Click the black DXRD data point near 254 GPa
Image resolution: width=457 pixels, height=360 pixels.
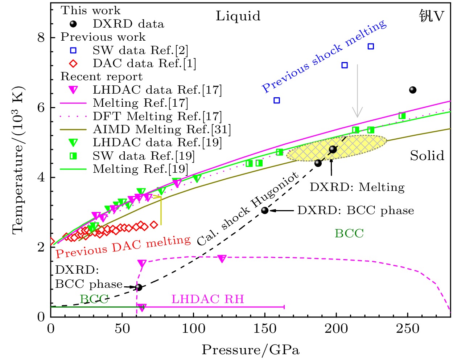tap(413, 90)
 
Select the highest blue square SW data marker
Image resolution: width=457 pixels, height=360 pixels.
tap(371, 46)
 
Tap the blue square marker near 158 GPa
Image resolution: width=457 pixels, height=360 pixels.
tap(277, 101)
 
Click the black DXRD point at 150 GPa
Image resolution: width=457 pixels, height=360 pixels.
tap(265, 210)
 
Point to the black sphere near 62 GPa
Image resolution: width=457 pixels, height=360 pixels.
tap(139, 287)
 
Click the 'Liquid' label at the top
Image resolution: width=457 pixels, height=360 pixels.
tap(238, 16)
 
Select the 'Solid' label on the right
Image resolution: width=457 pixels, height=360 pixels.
tap(427, 156)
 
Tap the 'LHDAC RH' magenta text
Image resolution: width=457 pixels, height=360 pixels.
tap(207, 299)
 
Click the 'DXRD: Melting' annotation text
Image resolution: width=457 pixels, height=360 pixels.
tap(357, 187)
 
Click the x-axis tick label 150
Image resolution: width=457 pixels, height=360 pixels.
tap(265, 329)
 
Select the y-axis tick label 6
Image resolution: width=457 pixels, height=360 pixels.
tap(41, 108)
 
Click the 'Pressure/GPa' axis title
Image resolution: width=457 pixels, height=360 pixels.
tap(251, 350)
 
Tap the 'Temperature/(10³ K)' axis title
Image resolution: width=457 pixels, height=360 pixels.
tap(18, 160)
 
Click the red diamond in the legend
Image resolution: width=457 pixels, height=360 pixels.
tap(73, 64)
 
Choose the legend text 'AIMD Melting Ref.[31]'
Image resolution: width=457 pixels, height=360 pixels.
tap(162, 130)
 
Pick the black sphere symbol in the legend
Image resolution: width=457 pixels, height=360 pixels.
tap(73, 24)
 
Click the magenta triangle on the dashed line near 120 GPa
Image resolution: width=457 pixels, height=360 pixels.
tap(222, 259)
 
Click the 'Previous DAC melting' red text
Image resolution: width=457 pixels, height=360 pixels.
tap(123, 247)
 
